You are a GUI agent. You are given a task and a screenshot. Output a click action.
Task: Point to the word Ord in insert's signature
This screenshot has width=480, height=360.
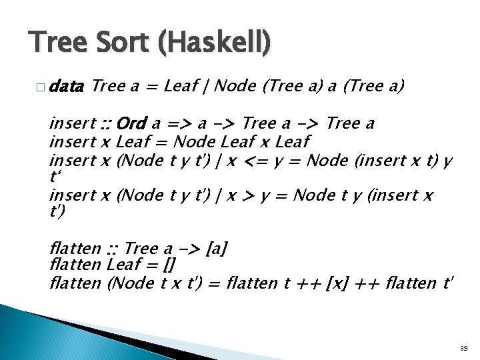pos(131,124)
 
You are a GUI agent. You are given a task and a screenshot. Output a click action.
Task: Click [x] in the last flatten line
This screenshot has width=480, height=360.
pos(339,283)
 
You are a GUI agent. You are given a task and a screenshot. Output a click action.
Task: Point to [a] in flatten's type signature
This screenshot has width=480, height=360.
pos(217,249)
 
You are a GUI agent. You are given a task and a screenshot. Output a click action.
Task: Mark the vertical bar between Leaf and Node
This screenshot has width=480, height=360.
pos(209,86)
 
